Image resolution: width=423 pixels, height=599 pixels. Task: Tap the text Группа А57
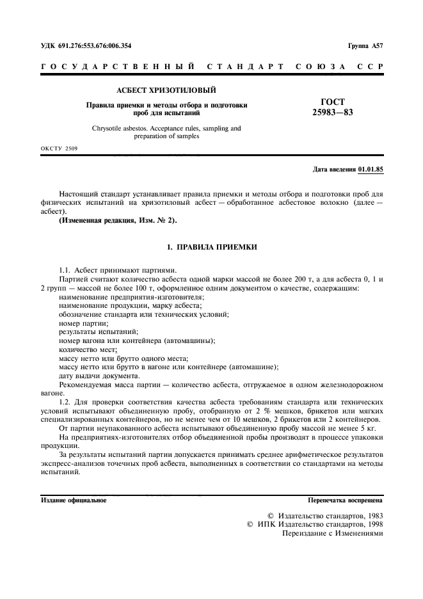[x=365, y=46]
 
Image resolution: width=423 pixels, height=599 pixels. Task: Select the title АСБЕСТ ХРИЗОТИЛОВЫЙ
[x=166, y=90]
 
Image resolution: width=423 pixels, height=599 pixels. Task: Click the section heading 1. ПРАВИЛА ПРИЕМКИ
[x=211, y=246]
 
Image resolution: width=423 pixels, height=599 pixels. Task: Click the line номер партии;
[x=83, y=323]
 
